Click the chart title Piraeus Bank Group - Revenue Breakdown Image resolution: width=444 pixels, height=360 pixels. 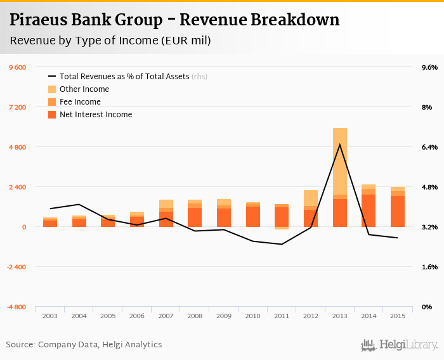[174, 20]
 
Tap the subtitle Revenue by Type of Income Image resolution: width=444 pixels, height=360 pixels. [110, 41]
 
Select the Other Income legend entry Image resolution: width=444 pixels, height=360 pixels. [84, 89]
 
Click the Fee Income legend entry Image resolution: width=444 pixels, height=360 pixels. [80, 102]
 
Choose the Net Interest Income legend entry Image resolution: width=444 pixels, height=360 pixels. [95, 115]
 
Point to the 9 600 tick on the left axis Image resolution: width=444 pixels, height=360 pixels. [17, 67]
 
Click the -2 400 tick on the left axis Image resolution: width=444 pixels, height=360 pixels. [17, 267]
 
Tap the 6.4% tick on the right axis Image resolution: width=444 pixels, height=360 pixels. [429, 147]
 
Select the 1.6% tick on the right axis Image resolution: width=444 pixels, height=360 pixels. [429, 267]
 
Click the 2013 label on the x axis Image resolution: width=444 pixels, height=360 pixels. [340, 316]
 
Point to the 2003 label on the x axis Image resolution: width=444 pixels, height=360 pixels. [50, 316]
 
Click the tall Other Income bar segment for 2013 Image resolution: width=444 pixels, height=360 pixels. [340, 162]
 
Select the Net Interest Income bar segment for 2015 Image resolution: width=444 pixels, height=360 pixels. [398, 211]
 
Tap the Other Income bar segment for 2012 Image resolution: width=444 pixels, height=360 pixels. [311, 198]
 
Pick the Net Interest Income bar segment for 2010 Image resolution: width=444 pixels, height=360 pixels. [253, 217]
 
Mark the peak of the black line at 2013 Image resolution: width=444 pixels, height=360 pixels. [340, 145]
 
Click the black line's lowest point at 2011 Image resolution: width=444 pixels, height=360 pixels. [282, 244]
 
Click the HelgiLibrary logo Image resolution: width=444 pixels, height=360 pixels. [400, 345]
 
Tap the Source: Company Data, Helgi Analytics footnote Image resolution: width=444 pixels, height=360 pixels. [84, 345]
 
